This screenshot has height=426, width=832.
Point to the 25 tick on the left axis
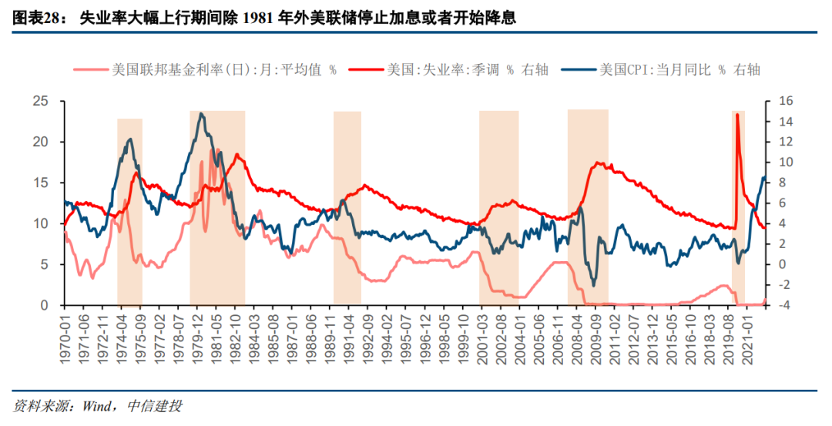click(40, 101)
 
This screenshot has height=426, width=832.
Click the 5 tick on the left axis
click(45, 264)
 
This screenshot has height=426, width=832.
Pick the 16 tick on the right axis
click(779, 101)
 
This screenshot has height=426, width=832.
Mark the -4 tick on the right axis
click(778, 305)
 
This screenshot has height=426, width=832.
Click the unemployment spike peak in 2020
click(737, 115)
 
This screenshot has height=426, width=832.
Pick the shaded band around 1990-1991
click(347, 208)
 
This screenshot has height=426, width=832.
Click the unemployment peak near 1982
click(237, 156)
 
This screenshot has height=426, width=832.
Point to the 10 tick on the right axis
click(779, 163)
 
